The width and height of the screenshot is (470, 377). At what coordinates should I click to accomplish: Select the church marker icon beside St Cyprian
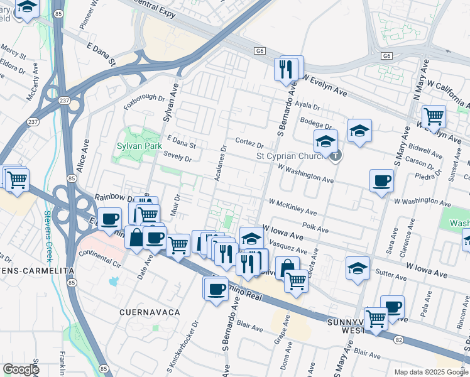click(336, 156)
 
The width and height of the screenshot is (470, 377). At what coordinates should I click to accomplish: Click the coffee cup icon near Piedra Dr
click(381, 181)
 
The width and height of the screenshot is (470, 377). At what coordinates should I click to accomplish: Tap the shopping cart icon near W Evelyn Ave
click(434, 116)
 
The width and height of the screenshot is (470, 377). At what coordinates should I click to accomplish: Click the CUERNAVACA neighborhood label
click(150, 312)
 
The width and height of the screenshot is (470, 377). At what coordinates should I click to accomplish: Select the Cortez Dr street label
click(249, 143)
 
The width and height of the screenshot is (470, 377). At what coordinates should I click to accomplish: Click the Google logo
click(21, 369)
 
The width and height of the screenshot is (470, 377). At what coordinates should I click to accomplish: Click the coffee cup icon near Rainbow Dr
click(110, 219)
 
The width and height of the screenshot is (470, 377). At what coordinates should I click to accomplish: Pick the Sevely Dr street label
click(177, 156)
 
